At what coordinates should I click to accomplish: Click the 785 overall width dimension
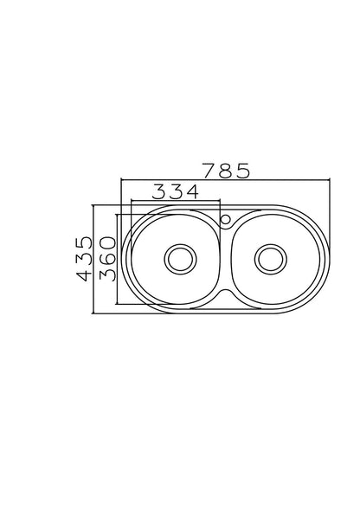pos(227,171)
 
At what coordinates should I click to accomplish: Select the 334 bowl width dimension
pos(175,191)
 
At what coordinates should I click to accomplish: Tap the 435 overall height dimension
pos(84,259)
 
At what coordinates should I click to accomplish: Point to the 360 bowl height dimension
pos(107,259)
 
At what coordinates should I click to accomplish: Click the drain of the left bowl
pos(181,259)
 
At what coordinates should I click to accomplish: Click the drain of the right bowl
pos(271,259)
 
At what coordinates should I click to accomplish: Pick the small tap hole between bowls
pos(225,220)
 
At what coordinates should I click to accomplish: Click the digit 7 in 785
pos(209,171)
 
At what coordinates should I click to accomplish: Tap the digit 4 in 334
pos(192,191)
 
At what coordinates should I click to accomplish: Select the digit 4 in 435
pos(84,274)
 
